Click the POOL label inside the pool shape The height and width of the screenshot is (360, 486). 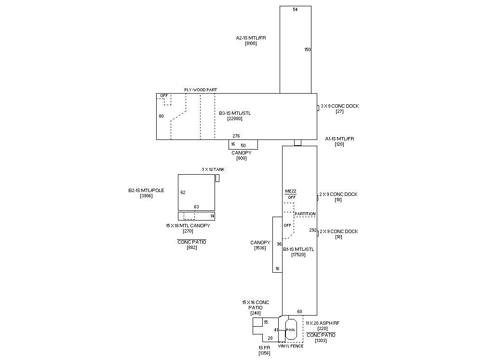[x=290, y=330]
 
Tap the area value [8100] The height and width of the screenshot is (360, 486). [x=251, y=43]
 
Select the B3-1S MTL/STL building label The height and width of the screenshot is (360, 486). [x=235, y=113]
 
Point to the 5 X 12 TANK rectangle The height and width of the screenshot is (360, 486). [x=217, y=178]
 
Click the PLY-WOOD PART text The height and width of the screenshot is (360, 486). [x=201, y=90]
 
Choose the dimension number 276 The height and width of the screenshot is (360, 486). [x=236, y=136]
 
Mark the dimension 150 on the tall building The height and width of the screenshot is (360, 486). [x=308, y=50]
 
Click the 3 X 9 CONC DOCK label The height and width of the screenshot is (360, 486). [x=340, y=106]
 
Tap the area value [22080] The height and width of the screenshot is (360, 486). [x=235, y=119]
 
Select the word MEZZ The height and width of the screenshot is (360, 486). [x=291, y=192]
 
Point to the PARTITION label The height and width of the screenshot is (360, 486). [x=305, y=214]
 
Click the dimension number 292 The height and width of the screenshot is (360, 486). [x=312, y=230]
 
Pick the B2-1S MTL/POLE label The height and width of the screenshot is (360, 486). [x=146, y=191]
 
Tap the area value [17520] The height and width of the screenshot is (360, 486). [x=298, y=255]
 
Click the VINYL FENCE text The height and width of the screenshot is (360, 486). [x=291, y=346]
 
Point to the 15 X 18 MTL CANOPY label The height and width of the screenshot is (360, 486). [x=188, y=225]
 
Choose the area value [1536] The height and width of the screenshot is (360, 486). [x=260, y=248]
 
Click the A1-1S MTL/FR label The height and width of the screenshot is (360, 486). [x=339, y=139]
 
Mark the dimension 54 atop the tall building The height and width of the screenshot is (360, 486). [x=295, y=10]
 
